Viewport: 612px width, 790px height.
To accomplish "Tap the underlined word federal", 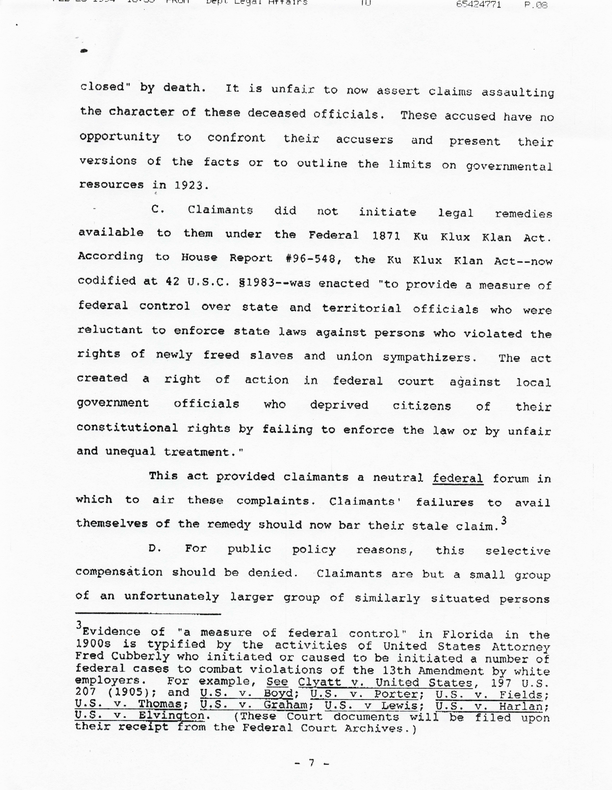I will [x=458, y=478].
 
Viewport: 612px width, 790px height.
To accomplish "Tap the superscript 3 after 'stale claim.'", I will [x=504, y=521].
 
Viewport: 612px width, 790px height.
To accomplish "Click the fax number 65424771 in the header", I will [x=479, y=4].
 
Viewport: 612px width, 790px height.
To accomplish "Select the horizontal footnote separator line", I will [x=148, y=614].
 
